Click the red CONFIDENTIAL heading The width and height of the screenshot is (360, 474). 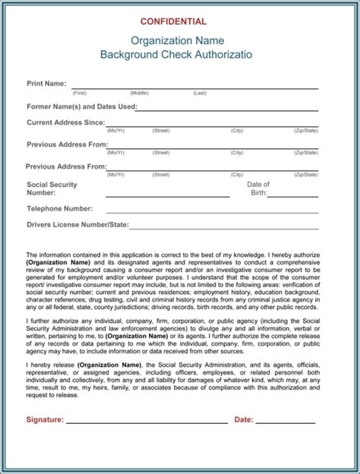pyautogui.click(x=179, y=22)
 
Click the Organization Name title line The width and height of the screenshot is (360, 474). pyautogui.click(x=179, y=40)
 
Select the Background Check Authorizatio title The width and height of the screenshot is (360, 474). pyautogui.click(x=179, y=55)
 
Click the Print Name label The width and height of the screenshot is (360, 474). pyautogui.click(x=46, y=84)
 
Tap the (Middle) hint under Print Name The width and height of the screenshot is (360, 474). pyautogui.click(x=138, y=93)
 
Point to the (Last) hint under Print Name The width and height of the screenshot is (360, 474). pyautogui.click(x=200, y=93)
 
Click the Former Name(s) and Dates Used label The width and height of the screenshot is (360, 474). pyautogui.click(x=81, y=106)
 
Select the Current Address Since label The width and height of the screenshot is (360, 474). pyautogui.click(x=65, y=122)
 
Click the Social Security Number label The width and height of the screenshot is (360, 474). pyautogui.click(x=52, y=188)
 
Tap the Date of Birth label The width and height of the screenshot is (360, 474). pyautogui.click(x=258, y=188)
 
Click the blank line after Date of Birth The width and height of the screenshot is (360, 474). pyautogui.click(x=292, y=196)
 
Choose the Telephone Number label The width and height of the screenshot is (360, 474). pyautogui.click(x=59, y=208)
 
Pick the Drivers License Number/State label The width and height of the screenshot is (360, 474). pyautogui.click(x=77, y=225)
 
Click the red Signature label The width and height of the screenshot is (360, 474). pyautogui.click(x=44, y=419)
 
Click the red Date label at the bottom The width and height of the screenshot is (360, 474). pyautogui.click(x=244, y=419)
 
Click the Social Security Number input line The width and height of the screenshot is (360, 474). pyautogui.click(x=167, y=196)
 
